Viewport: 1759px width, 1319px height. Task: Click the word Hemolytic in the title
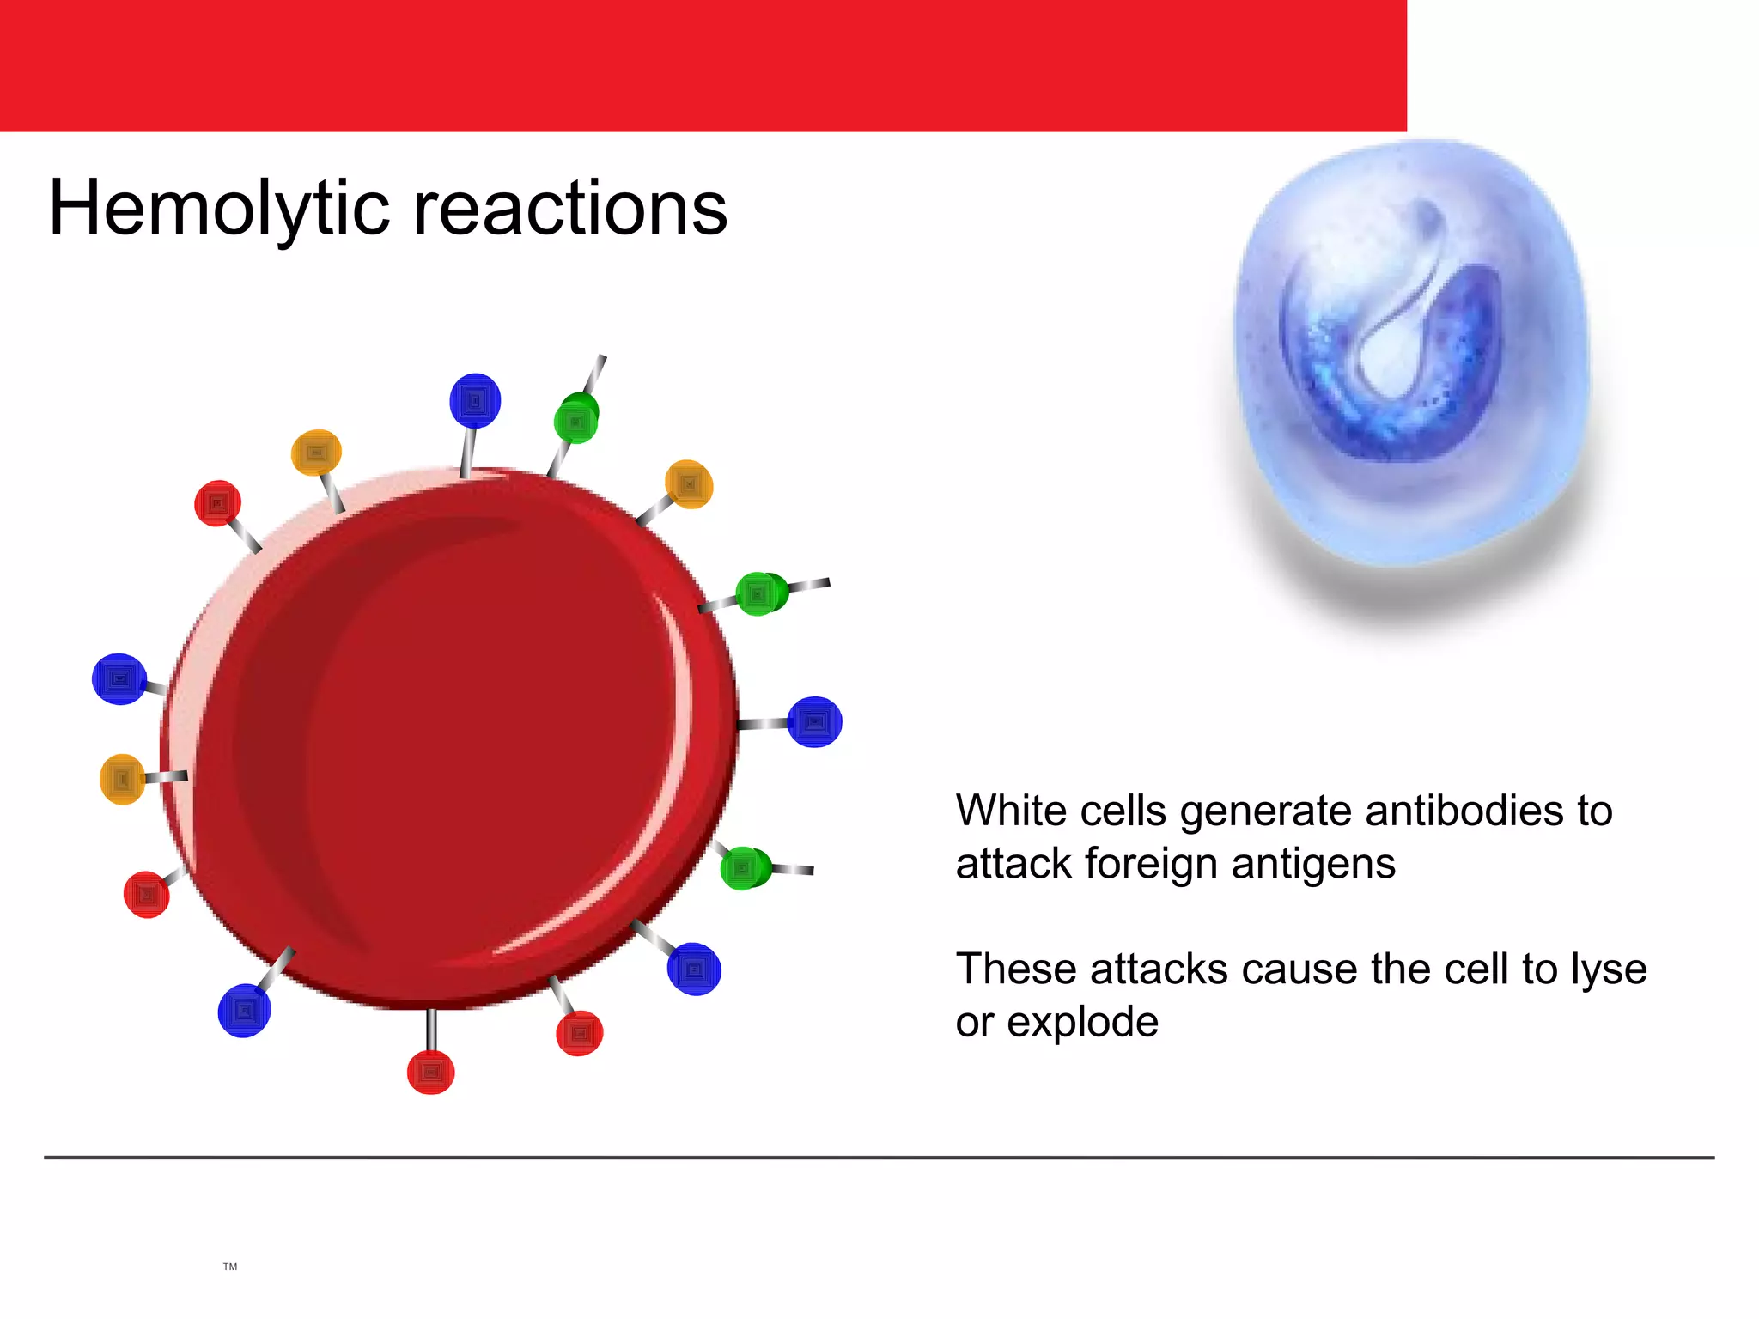(219, 209)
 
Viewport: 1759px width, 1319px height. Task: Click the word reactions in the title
(570, 209)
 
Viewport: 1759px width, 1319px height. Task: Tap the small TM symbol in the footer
(229, 1267)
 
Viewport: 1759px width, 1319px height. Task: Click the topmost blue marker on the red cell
(475, 400)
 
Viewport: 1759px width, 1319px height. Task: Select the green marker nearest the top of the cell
(576, 419)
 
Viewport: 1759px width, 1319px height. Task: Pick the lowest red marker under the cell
(430, 1072)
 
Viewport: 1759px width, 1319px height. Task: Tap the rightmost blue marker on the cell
(814, 722)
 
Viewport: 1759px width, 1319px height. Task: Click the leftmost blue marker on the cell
(119, 679)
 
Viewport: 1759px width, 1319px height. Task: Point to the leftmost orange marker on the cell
(122, 779)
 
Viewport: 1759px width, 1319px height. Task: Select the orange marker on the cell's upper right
(689, 485)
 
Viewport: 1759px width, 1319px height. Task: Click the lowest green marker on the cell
(745, 868)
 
